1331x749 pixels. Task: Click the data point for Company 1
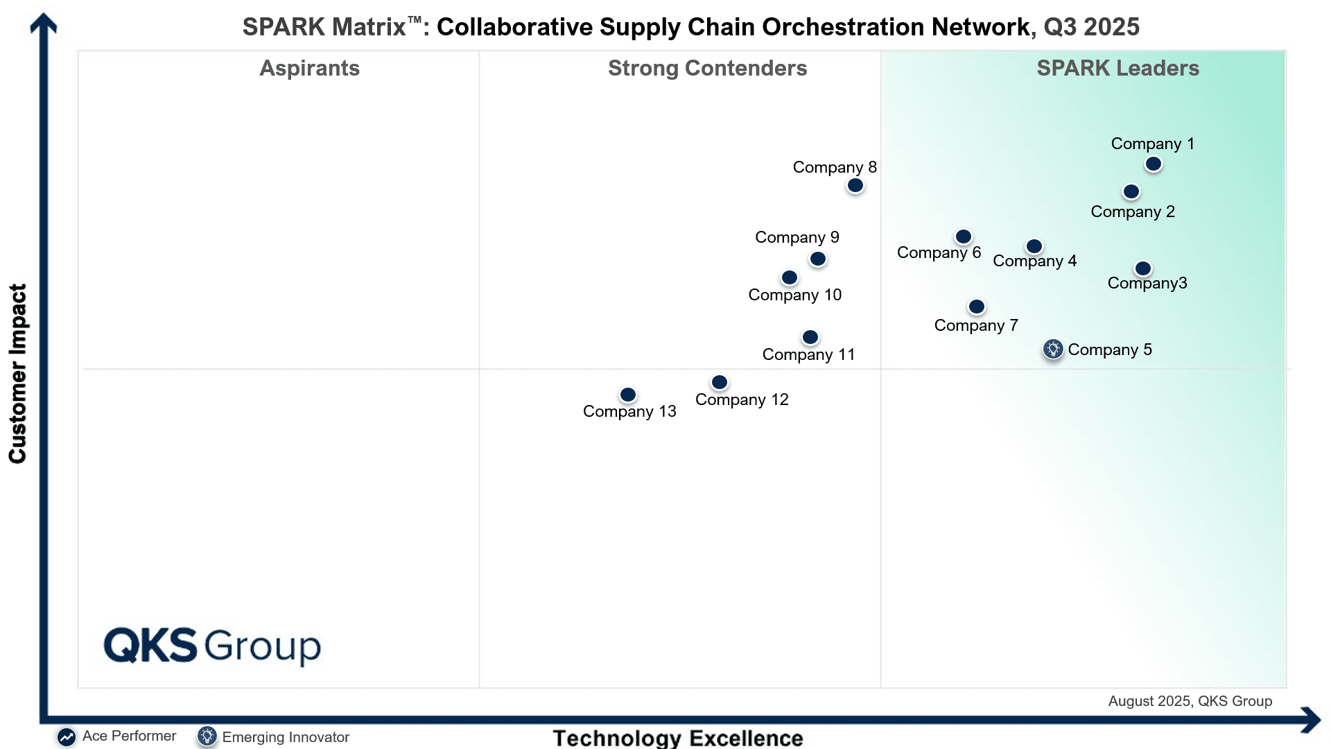click(x=1154, y=164)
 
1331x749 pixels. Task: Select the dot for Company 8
click(x=855, y=186)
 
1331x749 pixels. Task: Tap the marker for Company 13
click(x=628, y=395)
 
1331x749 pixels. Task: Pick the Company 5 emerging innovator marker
click(x=1053, y=349)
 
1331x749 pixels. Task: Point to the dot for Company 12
click(x=720, y=382)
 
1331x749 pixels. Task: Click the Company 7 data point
click(x=977, y=307)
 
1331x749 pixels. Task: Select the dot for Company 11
click(x=810, y=338)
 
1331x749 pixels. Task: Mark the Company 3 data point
click(x=1143, y=268)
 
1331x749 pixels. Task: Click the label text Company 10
click(x=795, y=295)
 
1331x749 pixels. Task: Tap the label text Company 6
click(x=939, y=253)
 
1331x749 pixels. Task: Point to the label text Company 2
click(x=1133, y=212)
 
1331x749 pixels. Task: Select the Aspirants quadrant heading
click(x=310, y=69)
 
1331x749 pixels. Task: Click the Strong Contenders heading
click(x=708, y=68)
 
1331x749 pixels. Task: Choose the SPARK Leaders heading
click(x=1118, y=68)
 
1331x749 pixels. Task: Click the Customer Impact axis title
click(x=17, y=373)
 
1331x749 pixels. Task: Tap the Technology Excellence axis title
click(x=678, y=738)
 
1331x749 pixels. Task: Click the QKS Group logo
click(x=212, y=646)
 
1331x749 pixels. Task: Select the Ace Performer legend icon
click(x=67, y=737)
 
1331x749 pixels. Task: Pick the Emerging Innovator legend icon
click(x=207, y=737)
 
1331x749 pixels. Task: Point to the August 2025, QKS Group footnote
click(x=1190, y=701)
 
